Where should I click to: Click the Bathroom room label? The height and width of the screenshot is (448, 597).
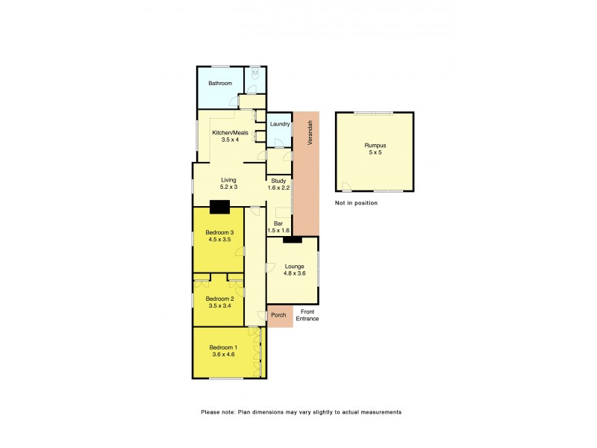(x=220, y=84)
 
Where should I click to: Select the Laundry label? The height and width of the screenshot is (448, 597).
(x=280, y=124)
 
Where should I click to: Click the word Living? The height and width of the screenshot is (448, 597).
(x=228, y=180)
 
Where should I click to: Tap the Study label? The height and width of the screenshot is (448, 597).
(x=278, y=180)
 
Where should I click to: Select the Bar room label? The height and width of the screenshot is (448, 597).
(x=278, y=223)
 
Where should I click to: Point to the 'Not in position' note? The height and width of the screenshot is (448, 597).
(x=356, y=203)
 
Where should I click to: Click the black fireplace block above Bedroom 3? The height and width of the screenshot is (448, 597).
(x=219, y=208)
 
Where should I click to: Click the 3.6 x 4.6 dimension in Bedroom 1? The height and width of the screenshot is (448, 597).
(x=222, y=355)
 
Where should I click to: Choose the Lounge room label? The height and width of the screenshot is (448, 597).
(x=294, y=267)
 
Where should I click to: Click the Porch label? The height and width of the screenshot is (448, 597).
(x=279, y=315)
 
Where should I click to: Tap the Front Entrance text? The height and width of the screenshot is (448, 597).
(x=309, y=315)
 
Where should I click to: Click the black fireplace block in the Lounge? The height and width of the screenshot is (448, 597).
(x=292, y=240)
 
